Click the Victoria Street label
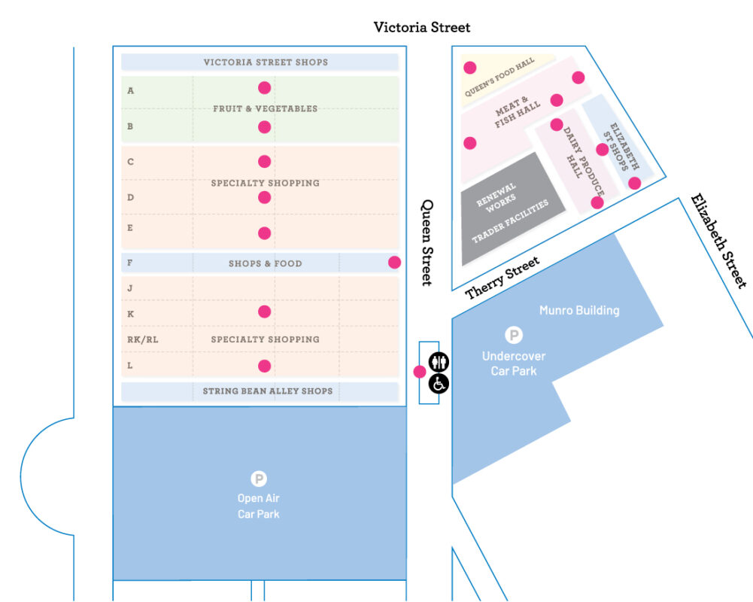tap(422, 27)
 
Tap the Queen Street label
tap(427, 242)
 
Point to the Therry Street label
tap(503, 278)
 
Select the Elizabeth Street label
tap(719, 241)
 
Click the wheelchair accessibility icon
tap(439, 384)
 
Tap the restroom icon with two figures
tap(439, 363)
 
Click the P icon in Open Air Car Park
tap(259, 479)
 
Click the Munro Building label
tap(579, 310)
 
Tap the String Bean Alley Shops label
tap(267, 391)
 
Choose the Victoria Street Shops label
tap(266, 62)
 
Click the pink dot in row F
tap(394, 263)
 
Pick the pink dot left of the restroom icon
tap(420, 371)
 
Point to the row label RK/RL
tap(143, 339)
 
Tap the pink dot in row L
tap(264, 366)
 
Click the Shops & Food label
tap(265, 263)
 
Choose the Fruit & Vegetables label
tap(265, 108)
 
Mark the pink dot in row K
tap(264, 312)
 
